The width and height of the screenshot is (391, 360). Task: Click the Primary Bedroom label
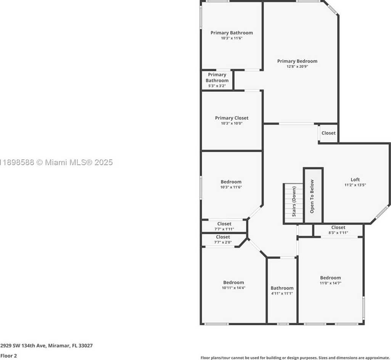[297, 61]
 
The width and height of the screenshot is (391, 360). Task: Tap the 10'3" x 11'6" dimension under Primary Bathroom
[232, 38]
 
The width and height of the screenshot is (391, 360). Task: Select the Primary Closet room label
[232, 118]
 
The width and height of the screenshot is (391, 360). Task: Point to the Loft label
[355, 180]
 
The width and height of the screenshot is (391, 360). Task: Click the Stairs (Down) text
[294, 201]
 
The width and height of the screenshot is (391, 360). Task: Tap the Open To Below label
[312, 196]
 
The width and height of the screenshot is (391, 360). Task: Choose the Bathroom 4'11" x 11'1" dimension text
[282, 293]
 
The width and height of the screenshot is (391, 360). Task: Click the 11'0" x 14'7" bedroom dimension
[330, 283]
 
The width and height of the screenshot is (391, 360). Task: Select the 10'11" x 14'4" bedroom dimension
[234, 288]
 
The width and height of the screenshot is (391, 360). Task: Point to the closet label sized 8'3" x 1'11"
[338, 227]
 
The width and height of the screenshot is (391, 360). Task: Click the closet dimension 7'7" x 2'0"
[223, 242]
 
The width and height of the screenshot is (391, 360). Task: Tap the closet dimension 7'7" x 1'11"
[224, 229]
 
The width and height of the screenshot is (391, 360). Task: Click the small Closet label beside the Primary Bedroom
[328, 133]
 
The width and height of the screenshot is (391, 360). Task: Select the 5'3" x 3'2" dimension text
[217, 86]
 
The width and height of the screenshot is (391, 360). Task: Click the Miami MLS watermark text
[56, 162]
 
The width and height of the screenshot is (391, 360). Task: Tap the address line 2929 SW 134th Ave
[47, 346]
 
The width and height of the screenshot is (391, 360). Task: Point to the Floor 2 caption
[8, 356]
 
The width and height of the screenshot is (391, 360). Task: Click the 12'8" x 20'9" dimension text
[297, 67]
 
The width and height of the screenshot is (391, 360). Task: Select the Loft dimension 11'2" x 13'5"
[355, 185]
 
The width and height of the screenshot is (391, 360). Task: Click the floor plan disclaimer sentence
[295, 358]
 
